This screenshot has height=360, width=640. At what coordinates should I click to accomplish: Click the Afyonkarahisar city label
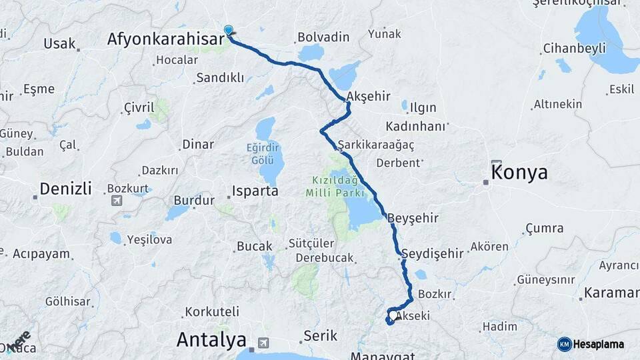(165, 40)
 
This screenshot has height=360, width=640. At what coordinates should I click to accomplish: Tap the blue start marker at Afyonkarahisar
(229, 30)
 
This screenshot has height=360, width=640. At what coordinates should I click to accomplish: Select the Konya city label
(519, 173)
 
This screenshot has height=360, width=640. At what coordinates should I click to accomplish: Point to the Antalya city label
(211, 340)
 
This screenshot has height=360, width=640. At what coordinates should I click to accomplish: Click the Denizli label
(65, 189)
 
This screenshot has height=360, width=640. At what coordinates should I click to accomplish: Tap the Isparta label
(255, 191)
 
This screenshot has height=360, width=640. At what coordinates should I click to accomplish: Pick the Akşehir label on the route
(369, 96)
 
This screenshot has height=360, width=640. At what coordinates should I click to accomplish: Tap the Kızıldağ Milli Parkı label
(335, 186)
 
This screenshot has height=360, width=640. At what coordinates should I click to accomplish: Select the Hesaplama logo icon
(565, 344)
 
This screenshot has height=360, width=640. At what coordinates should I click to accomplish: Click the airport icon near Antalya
(263, 343)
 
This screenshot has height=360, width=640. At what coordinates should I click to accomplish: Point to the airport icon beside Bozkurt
(117, 200)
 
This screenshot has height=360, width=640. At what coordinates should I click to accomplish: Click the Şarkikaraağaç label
(376, 145)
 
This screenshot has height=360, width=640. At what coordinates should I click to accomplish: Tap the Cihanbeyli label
(574, 48)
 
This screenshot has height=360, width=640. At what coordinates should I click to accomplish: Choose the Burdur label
(194, 200)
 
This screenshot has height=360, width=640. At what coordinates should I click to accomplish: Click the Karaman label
(611, 293)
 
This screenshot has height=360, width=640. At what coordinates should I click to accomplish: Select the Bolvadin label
(323, 37)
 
